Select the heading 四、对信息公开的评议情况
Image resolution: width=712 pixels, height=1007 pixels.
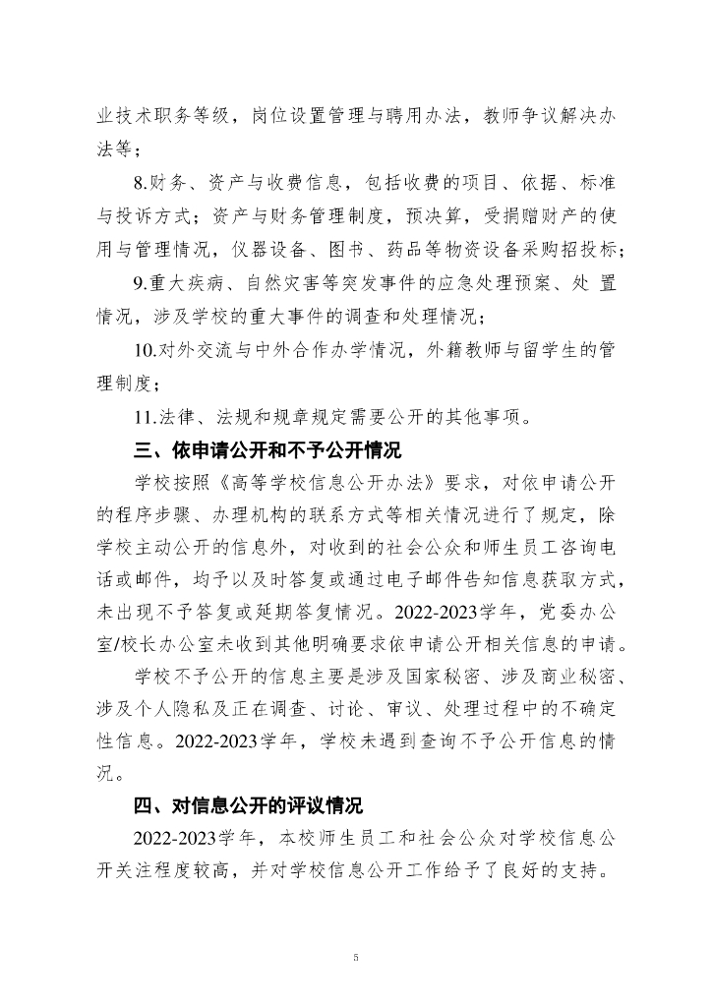pos(248,806)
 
